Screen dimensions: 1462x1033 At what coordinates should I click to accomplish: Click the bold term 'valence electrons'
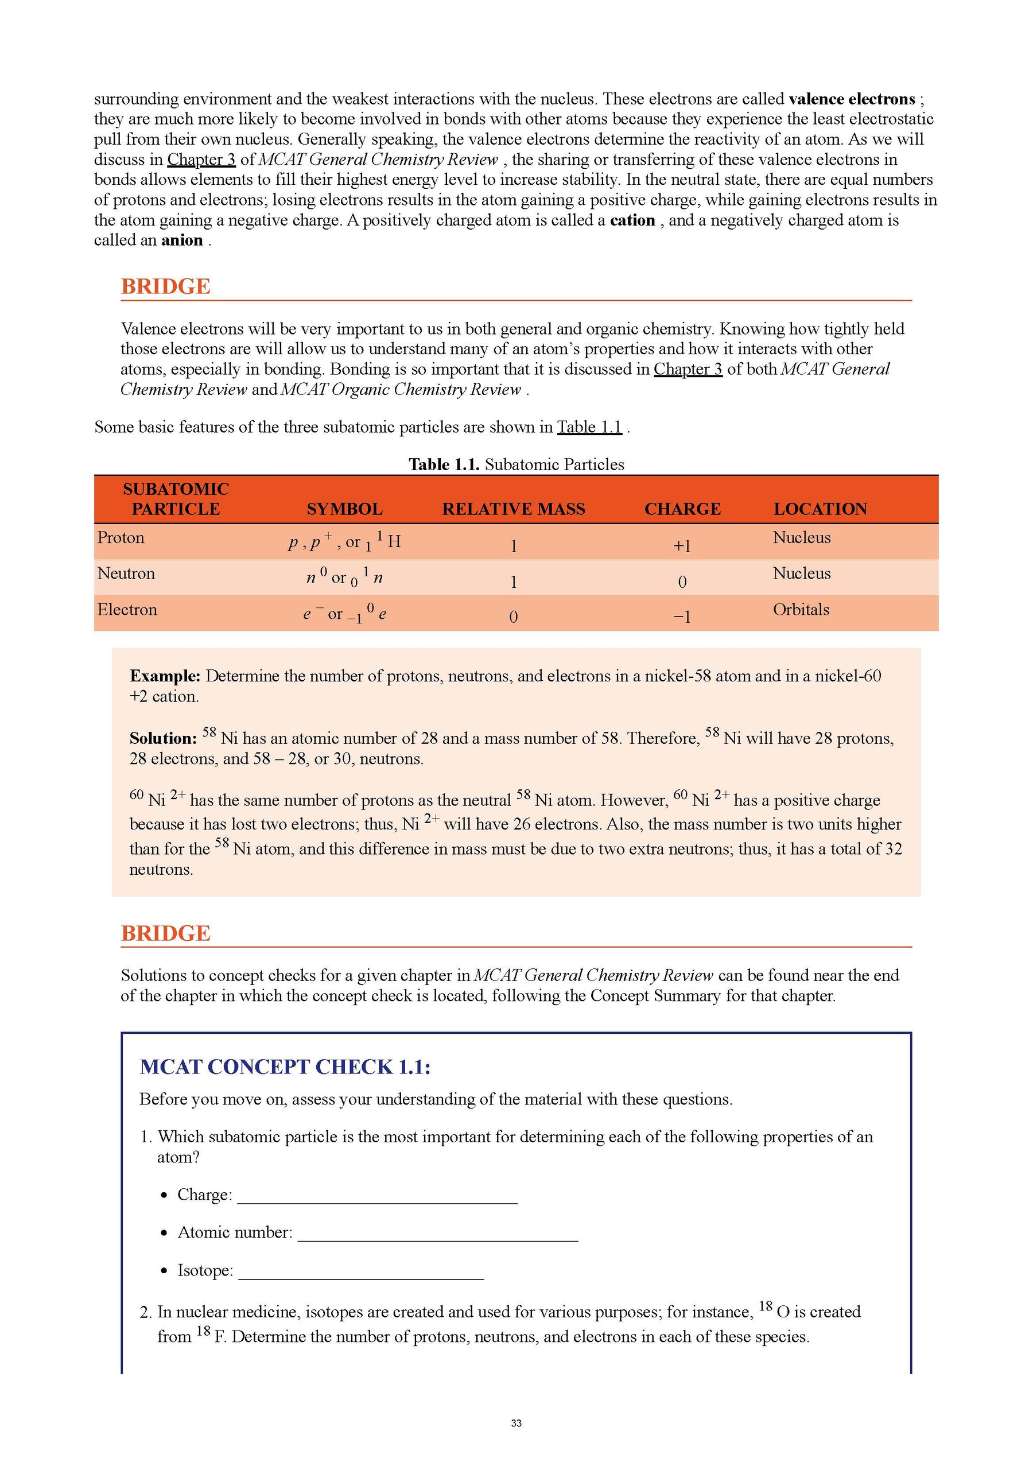pyautogui.click(x=851, y=99)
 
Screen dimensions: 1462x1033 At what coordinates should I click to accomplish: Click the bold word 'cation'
pyautogui.click(x=632, y=220)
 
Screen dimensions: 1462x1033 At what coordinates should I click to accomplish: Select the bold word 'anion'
pyautogui.click(x=182, y=241)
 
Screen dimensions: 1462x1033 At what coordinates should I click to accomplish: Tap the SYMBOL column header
pyautogui.click(x=344, y=509)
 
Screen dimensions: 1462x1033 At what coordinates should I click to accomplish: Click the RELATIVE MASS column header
pyautogui.click(x=514, y=509)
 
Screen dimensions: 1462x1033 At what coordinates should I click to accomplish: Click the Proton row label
pyautogui.click(x=121, y=538)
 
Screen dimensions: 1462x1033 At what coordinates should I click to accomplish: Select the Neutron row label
pyautogui.click(x=126, y=573)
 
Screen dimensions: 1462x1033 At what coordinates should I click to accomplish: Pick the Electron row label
pyautogui.click(x=127, y=610)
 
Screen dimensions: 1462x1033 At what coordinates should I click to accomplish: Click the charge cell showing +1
pyautogui.click(x=682, y=546)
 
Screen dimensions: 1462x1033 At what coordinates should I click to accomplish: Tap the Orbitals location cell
pyautogui.click(x=801, y=610)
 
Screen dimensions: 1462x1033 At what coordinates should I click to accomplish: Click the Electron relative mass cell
pyautogui.click(x=514, y=616)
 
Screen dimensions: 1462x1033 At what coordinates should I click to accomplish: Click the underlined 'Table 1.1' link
pyautogui.click(x=589, y=427)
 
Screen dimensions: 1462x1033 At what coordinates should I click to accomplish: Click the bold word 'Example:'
pyautogui.click(x=165, y=676)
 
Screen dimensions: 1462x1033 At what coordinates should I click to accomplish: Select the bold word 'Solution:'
pyautogui.click(x=163, y=739)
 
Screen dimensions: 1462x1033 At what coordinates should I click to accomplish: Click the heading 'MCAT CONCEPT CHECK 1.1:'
pyautogui.click(x=285, y=1067)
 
